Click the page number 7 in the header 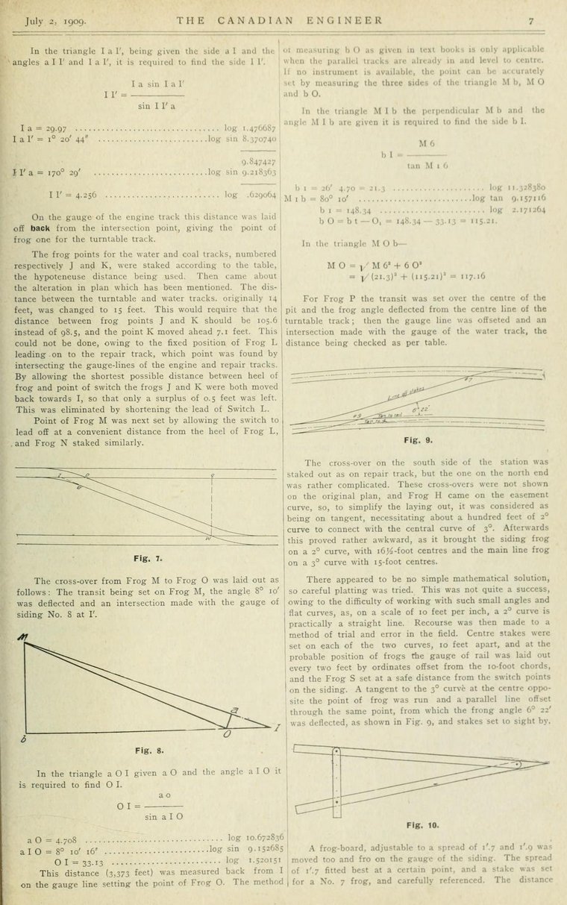tap(530, 19)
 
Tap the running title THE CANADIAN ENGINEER tap(280, 19)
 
